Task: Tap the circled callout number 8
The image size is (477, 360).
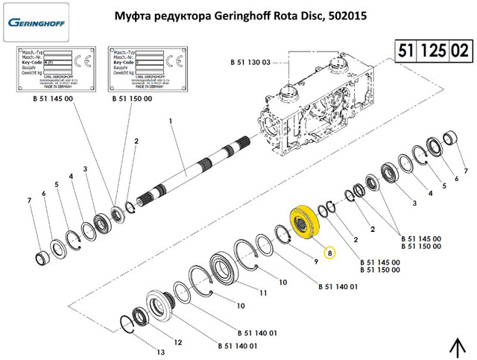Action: (x=330, y=253)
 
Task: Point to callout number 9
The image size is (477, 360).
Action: (x=316, y=262)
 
